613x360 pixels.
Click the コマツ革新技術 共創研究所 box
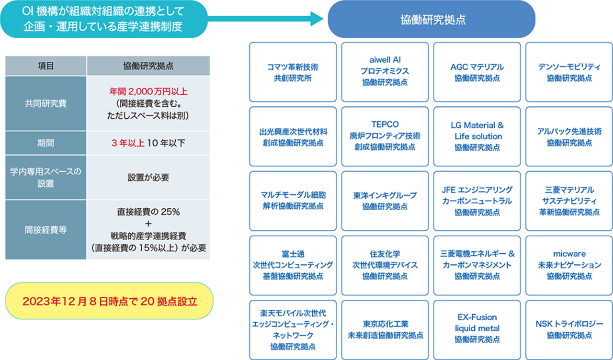coord(293,72)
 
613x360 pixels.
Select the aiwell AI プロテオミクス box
coord(385,72)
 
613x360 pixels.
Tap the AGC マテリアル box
coord(477,72)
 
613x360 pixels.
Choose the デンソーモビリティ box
coord(569,72)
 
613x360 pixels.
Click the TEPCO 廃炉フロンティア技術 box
coord(385,136)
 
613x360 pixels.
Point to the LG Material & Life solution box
coord(477,136)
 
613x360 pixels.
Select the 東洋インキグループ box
coord(385,201)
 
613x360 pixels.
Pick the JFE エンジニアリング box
coord(477,201)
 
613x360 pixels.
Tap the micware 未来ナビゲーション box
coord(569,265)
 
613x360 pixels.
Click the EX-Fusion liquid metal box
coord(477,329)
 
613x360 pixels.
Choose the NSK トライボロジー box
coord(569,329)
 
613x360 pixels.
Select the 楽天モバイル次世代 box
coord(293,329)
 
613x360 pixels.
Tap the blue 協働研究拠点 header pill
coord(431,20)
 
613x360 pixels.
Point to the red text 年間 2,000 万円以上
coord(148,91)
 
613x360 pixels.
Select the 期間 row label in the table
coord(46,143)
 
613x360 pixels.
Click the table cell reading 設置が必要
coord(148,178)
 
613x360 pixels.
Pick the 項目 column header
coord(46,66)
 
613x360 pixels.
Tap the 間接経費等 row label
coord(46,230)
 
